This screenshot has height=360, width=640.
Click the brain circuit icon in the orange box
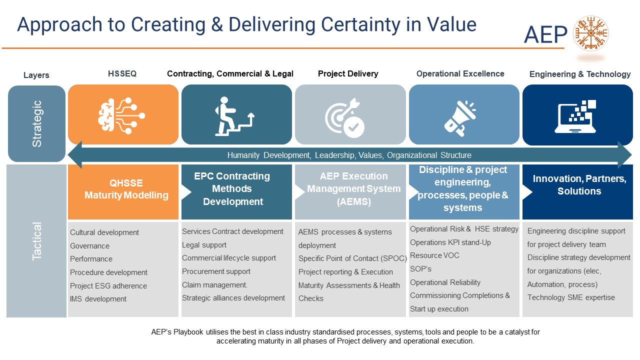121,115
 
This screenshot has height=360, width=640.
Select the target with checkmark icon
344,117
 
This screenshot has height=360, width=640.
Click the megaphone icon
460,118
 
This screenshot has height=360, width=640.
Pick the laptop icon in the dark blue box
575,116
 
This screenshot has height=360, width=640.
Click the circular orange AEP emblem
591,33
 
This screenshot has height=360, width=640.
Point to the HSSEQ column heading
122,73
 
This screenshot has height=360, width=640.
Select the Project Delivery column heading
348,73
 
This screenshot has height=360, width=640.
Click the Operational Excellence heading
460,73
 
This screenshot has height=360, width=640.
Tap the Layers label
36,75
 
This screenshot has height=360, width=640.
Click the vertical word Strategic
37,123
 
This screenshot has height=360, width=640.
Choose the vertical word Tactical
37,241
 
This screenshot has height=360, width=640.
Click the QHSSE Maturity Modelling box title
126,189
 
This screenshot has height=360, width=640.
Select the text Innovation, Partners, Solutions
579,184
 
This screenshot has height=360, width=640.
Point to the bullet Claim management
215,285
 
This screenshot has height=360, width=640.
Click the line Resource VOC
434,255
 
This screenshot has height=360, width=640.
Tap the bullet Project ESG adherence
108,285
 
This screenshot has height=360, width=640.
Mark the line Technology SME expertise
571,297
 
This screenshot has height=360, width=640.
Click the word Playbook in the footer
188,332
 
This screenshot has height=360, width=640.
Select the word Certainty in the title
360,24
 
